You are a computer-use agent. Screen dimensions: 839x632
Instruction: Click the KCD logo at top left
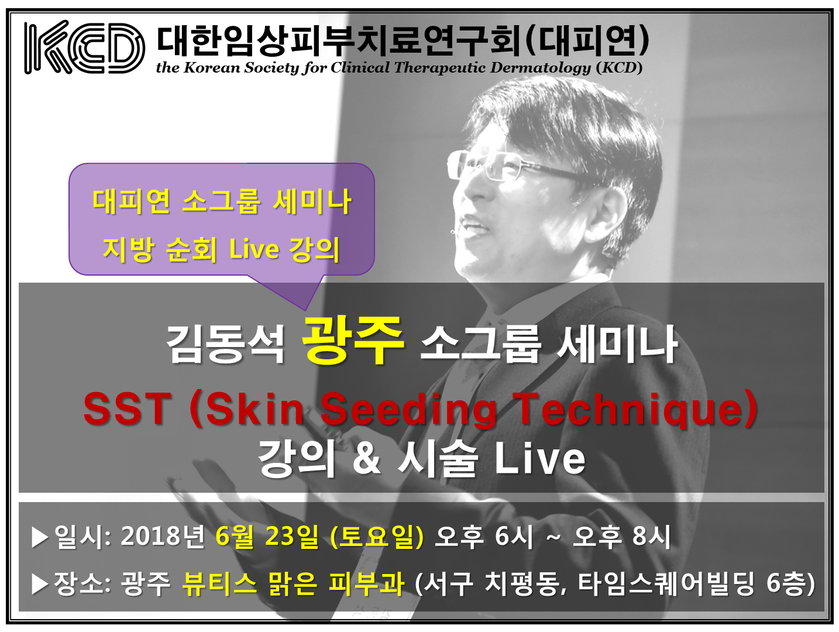point(84,47)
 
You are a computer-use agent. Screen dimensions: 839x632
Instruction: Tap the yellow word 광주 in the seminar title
point(352,339)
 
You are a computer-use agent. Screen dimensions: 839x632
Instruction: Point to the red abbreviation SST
point(128,408)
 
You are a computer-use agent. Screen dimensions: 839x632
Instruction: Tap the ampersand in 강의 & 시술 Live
point(366,458)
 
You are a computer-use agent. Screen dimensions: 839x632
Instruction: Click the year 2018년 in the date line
point(163,536)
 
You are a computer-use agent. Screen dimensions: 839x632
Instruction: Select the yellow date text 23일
point(291,536)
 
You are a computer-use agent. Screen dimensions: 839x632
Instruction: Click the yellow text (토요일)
point(377,536)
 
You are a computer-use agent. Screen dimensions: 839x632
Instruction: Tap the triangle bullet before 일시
point(40,537)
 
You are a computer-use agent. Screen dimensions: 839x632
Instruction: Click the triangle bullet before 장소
point(40,584)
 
